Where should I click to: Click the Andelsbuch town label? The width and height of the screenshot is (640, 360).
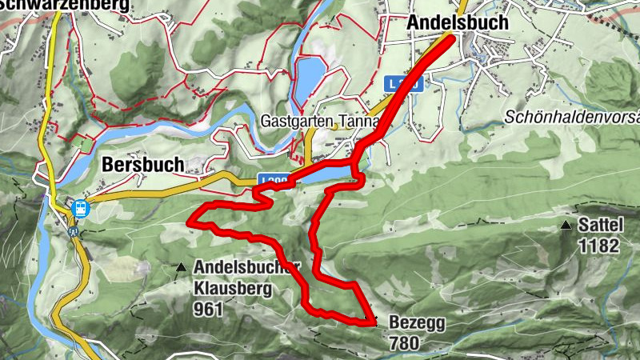coord(457,22)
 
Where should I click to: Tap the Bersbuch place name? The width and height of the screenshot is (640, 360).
coord(143,165)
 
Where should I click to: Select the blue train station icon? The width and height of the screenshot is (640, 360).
coord(79,207)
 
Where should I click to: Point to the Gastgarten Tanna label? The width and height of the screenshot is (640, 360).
coord(320,123)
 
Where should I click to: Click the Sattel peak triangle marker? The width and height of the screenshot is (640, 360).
coord(566,226)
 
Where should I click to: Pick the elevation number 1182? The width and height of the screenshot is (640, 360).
coord(599,246)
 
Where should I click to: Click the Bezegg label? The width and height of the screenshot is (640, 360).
coord(417,323)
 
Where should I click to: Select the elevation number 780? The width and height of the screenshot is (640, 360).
coord(404,342)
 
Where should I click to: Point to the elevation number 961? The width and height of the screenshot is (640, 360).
coord(208,307)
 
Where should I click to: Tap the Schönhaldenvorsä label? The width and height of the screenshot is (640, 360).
coord(571,117)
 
